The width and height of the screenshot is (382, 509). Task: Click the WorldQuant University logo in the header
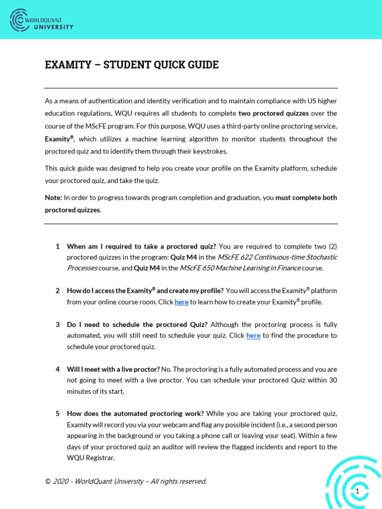(x=41, y=20)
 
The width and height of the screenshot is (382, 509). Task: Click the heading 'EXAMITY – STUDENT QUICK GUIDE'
(x=132, y=65)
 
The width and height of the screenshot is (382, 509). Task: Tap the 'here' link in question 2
(x=182, y=302)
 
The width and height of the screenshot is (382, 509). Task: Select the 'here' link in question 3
(x=253, y=336)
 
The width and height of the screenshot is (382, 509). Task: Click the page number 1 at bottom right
(x=357, y=491)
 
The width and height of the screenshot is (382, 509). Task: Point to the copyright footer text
(x=125, y=481)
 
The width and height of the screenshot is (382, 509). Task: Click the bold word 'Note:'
(x=53, y=197)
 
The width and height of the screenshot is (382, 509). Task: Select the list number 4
(x=58, y=369)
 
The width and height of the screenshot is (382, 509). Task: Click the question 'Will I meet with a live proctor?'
(x=113, y=369)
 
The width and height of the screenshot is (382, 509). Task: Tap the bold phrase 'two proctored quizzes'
(x=274, y=113)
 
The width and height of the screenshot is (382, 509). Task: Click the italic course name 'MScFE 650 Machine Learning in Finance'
(x=240, y=268)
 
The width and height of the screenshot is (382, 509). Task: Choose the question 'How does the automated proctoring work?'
(x=135, y=414)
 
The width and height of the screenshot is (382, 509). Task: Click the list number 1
(x=58, y=246)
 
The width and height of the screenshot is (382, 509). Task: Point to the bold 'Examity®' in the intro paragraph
(x=59, y=139)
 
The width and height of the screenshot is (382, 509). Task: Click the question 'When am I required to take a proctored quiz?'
(x=141, y=246)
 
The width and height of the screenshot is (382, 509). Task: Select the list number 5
(x=58, y=414)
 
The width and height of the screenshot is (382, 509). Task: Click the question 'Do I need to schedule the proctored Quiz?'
(x=137, y=325)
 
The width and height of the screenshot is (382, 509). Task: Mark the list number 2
(x=58, y=291)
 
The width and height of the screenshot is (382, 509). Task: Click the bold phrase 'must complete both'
(x=306, y=197)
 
